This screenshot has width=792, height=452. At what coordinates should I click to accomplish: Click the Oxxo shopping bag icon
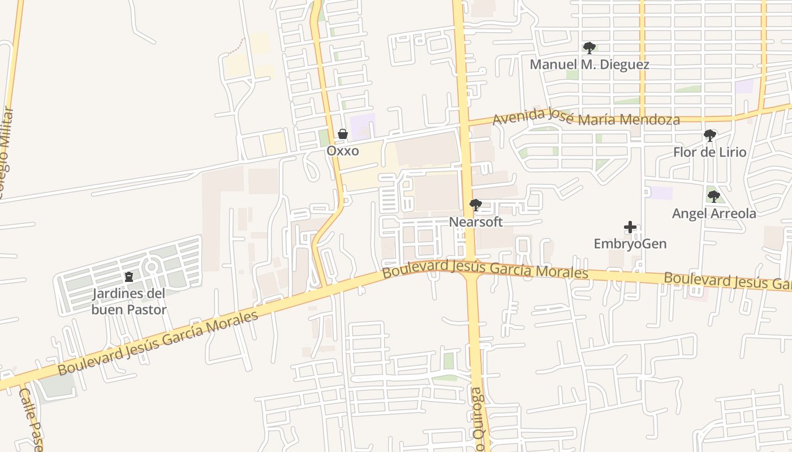342,134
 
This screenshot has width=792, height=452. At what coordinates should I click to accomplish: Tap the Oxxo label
342,151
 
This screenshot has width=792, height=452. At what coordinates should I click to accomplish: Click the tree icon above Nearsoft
476,205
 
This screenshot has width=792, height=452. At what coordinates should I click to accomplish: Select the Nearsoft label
476,222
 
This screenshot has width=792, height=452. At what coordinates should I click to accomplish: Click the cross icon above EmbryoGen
630,227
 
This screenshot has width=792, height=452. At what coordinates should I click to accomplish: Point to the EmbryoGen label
630,244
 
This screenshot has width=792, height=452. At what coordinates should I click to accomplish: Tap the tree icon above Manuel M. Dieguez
589,47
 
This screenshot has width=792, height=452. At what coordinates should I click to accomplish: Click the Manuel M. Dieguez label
589,64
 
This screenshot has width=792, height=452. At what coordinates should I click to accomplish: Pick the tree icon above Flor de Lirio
709,136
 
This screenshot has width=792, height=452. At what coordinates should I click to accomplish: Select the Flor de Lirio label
709,153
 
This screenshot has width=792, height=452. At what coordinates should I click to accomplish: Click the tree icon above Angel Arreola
714,197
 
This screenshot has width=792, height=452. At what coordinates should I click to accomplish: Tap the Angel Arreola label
714,214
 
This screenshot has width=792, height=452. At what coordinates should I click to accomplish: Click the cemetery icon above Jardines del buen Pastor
129,277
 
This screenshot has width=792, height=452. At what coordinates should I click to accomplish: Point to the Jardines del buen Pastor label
129,302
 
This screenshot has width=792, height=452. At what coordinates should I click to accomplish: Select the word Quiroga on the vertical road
479,418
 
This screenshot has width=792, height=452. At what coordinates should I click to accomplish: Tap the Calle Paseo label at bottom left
30,419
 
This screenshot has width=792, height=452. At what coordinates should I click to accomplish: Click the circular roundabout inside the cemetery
151,267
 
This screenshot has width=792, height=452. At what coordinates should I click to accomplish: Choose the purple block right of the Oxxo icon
363,125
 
